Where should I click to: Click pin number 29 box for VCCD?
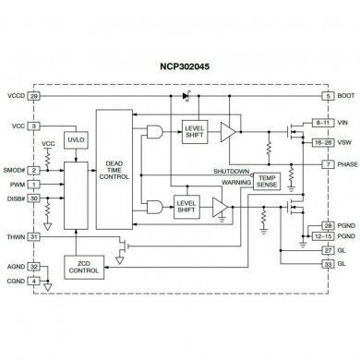tap(34, 96)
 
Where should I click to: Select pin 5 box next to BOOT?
tap(327, 96)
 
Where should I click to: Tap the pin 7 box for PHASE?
tap(327, 163)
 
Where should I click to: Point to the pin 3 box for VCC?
tap(34, 126)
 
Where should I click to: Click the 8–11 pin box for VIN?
tap(323, 122)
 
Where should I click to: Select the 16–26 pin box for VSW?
tap(323, 143)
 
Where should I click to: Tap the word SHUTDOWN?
tap(231, 172)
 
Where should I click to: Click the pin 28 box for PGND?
tap(327, 226)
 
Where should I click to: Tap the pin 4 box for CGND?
tap(34, 255)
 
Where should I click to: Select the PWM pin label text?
tap(16, 186)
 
